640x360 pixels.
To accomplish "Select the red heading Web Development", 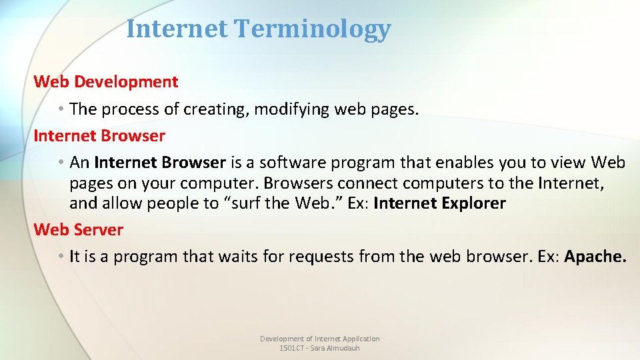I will (x=106, y=82).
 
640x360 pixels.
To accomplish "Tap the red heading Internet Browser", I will (x=99, y=136).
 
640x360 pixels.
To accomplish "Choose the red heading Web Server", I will (x=79, y=230).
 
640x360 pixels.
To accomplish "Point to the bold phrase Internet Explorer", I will (x=439, y=203).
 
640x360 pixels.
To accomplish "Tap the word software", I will (x=291, y=163).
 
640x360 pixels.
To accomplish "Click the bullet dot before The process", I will (x=60, y=109).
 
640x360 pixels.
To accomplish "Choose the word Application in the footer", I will (x=361, y=339).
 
